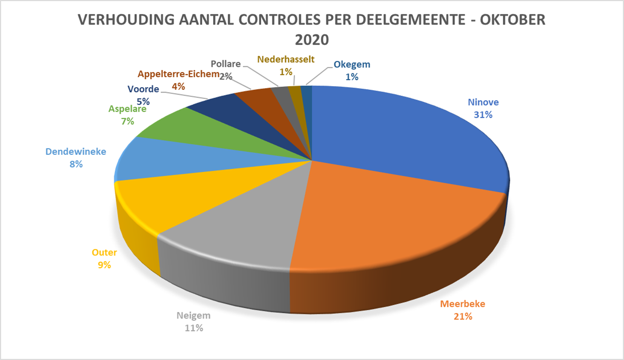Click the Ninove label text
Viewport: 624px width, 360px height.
pos(483,103)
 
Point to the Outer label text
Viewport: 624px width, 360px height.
pos(104,253)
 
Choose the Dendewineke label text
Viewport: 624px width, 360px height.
pos(76,152)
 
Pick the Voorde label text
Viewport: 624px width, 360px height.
pos(143,90)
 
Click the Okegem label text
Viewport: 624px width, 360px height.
pos(352,65)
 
